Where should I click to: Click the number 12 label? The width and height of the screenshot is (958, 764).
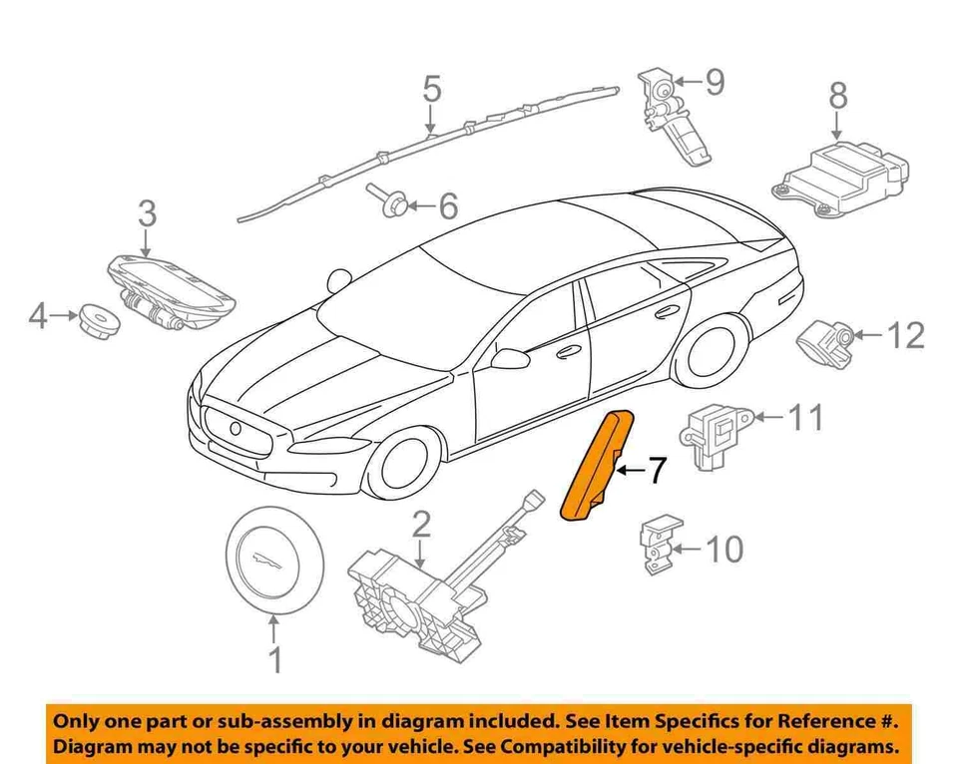pyautogui.click(x=905, y=336)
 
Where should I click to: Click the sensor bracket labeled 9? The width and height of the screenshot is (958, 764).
pyautogui.click(x=673, y=115)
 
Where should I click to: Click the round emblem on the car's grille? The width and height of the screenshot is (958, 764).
pyautogui.click(x=237, y=429)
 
